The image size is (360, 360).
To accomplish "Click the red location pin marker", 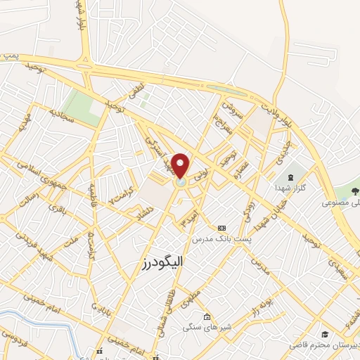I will tap(181, 166).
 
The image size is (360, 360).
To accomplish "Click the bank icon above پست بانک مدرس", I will tap(222, 229).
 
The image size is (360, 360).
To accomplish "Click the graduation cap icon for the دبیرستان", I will tap(324, 334).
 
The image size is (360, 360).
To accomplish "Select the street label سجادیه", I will tap(61, 115).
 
